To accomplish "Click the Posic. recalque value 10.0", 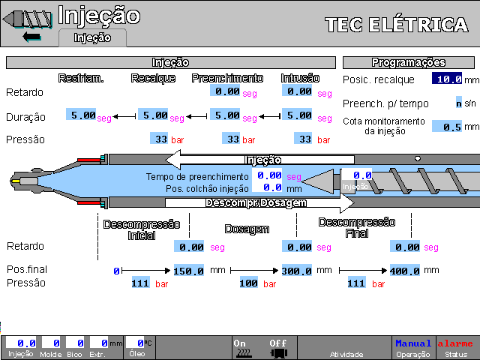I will [x=446, y=79].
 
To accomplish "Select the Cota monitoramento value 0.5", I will [x=446, y=127].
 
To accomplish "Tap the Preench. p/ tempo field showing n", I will [x=458, y=103].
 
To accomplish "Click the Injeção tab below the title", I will [x=92, y=37].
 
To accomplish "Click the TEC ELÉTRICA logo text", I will [x=397, y=25].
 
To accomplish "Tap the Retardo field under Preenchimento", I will [x=226, y=91].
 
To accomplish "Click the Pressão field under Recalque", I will [x=160, y=139].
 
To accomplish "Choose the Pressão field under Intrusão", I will [x=304, y=139].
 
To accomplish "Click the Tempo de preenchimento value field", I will [x=267, y=175].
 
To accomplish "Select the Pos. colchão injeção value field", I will [x=267, y=187].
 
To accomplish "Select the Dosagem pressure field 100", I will [x=248, y=283].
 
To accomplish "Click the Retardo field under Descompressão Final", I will [x=405, y=246].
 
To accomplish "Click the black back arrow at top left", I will [x=31, y=36].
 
